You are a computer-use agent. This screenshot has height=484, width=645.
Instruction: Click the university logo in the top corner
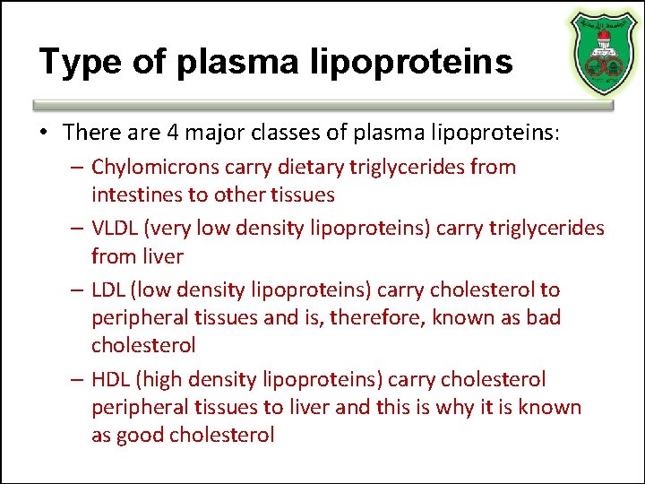point(602,53)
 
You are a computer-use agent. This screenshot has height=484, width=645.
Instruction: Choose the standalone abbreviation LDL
point(110,290)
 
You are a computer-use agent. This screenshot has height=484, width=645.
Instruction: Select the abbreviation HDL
point(112,380)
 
